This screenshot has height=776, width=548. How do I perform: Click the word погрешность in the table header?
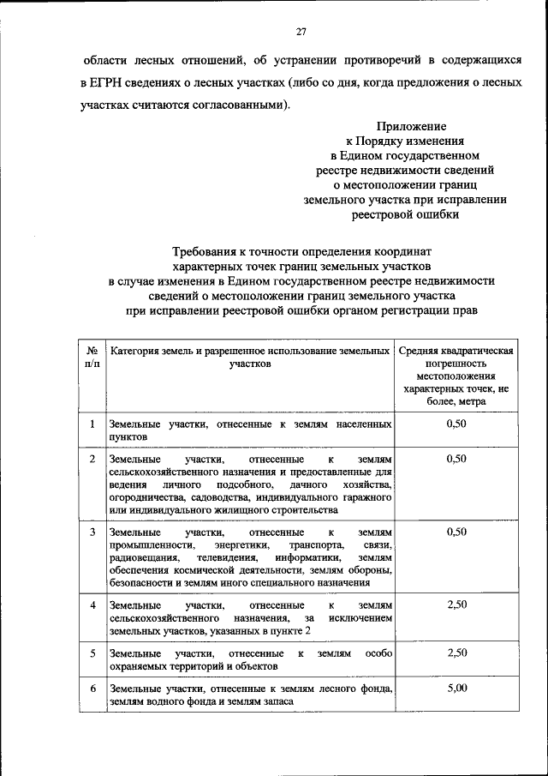(456, 364)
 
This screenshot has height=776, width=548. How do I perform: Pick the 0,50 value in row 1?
(456, 424)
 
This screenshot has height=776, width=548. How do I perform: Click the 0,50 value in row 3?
(456, 532)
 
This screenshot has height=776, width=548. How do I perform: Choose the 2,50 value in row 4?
(456, 605)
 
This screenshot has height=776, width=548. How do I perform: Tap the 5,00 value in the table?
(456, 688)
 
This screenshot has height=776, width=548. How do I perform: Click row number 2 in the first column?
(92, 459)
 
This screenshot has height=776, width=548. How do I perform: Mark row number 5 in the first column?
(92, 653)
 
